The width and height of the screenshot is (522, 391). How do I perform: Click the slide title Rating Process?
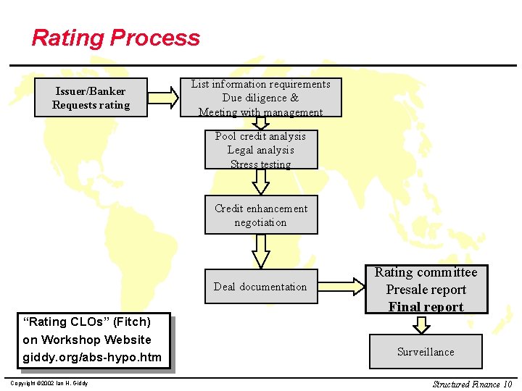coord(116,38)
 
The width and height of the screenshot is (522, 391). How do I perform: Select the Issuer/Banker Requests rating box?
coord(91,98)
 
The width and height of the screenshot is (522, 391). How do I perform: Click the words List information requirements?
coord(260,85)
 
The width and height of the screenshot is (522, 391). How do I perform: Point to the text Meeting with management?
coord(260,112)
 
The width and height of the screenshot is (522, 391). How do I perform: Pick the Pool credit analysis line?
coord(260,136)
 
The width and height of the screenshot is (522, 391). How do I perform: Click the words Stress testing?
coord(260,164)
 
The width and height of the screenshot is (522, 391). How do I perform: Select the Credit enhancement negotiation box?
coord(260,215)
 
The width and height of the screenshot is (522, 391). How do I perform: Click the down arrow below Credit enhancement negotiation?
coord(260,251)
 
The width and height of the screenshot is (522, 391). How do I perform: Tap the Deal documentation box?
coord(260,287)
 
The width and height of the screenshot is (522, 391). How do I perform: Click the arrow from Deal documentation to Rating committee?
coord(341,287)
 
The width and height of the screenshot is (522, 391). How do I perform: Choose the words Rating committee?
coord(426,273)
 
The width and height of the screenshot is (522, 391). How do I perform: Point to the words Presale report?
coord(426,290)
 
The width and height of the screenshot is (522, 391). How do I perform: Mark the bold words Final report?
coord(426,307)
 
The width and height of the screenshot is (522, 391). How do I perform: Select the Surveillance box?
coord(426,352)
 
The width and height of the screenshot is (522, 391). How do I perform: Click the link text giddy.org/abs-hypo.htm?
coord(92,357)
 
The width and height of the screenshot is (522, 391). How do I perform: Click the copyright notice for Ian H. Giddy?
coord(49,383)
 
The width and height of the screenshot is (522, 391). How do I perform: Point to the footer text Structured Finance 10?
coord(472,384)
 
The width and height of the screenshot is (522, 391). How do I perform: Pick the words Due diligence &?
coord(260,98)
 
